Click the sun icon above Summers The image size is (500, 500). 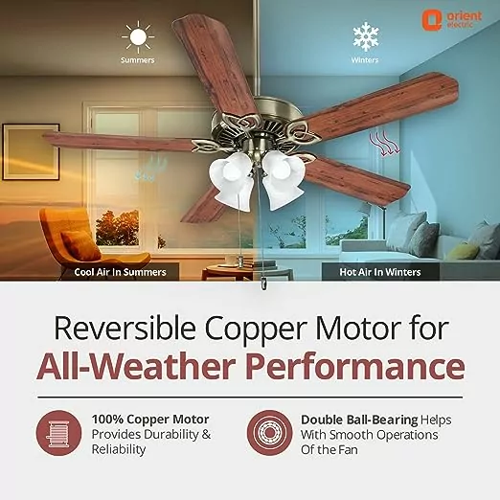138,37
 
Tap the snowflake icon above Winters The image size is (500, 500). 366,36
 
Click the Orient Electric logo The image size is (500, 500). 451,20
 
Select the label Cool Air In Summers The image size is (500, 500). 120,272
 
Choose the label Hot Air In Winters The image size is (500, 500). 380,272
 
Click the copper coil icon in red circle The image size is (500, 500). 58,433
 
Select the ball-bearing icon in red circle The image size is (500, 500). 270,433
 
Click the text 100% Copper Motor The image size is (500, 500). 150,420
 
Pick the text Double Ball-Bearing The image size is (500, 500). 359,420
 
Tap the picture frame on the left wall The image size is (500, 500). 31,152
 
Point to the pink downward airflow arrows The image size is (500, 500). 384,144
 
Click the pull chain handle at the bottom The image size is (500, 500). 263,284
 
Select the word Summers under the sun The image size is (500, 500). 138,60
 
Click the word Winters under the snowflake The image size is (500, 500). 365,60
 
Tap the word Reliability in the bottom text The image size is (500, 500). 119,449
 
